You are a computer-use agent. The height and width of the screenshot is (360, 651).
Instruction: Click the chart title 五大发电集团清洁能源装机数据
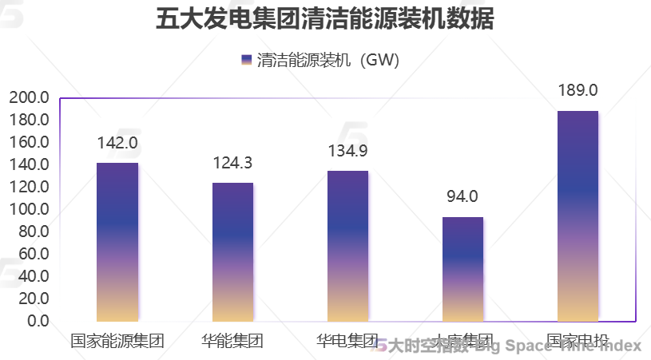(325, 19)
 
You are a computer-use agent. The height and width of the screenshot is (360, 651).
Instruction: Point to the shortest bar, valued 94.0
(462, 269)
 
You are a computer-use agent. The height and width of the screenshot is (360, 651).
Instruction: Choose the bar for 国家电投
(578, 216)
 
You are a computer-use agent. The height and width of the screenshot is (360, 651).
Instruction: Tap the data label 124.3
(232, 163)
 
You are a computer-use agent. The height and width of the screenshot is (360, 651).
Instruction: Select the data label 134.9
(347, 151)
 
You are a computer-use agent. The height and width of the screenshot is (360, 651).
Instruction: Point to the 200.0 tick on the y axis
(30, 98)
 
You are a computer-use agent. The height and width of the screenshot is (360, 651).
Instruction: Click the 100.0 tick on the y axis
(30, 210)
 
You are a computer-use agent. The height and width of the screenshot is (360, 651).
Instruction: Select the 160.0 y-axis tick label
(30, 143)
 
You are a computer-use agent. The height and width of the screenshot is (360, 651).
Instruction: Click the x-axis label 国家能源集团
(117, 342)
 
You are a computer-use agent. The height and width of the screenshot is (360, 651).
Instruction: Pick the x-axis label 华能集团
(232, 342)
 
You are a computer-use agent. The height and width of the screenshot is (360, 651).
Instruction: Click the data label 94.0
(462, 196)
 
